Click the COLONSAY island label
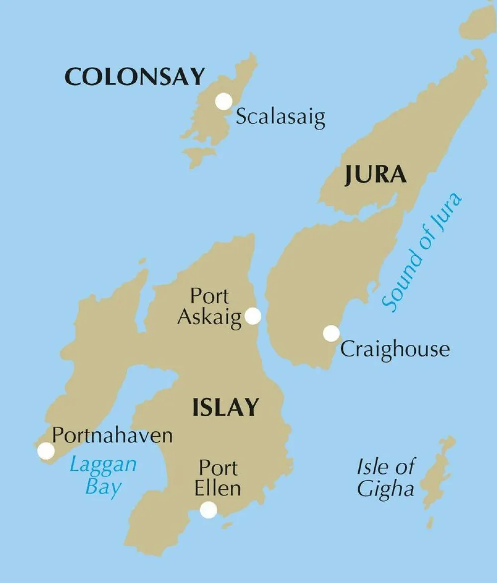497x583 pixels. pyautogui.click(x=135, y=77)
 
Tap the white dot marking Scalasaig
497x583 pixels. pyautogui.click(x=224, y=101)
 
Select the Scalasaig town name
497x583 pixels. pyautogui.click(x=280, y=117)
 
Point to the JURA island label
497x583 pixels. pyautogui.click(x=376, y=175)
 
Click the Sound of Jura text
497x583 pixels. pyautogui.click(x=422, y=252)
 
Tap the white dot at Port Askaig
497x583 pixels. pyautogui.click(x=253, y=316)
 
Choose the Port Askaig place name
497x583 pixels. pyautogui.click(x=209, y=306)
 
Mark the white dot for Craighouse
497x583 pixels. pyautogui.click(x=331, y=333)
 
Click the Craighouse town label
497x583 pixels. pyautogui.click(x=395, y=349)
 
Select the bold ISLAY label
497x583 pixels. pyautogui.click(x=226, y=408)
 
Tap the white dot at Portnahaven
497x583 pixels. pyautogui.click(x=46, y=451)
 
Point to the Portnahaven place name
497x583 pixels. pyautogui.click(x=112, y=436)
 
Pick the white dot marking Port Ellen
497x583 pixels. pyautogui.click(x=208, y=510)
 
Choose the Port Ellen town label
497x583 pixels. pyautogui.click(x=218, y=478)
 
